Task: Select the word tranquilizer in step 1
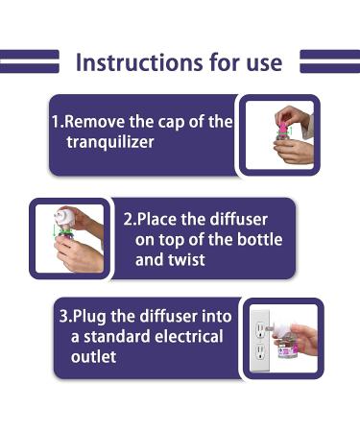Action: [110, 143]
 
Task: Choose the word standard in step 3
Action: [118, 337]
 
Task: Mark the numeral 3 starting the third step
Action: [63, 317]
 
